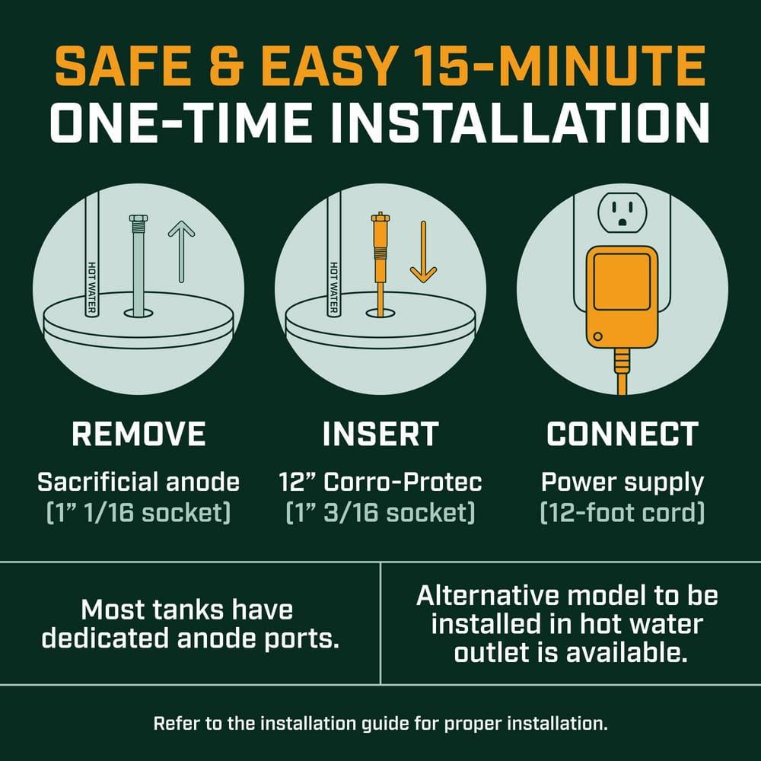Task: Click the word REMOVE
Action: [139, 434]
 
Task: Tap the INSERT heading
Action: [380, 434]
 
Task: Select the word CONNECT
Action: [622, 434]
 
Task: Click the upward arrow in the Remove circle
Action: [182, 251]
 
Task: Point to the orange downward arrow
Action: [423, 253]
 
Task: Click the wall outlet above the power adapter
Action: [622, 212]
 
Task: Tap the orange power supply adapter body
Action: [622, 298]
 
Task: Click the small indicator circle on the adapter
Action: [598, 336]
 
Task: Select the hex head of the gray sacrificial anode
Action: [139, 218]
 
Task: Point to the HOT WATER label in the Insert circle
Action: [333, 288]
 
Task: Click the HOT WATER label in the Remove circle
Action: [92, 288]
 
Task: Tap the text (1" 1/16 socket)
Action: [139, 513]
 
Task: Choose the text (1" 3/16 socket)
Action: [380, 513]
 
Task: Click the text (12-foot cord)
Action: [622, 513]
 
